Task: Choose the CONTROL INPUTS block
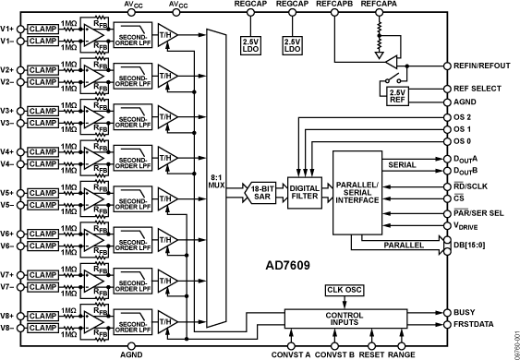(x=343, y=319)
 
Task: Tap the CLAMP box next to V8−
(x=42, y=328)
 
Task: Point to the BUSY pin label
(x=466, y=312)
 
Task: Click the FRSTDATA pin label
(x=475, y=326)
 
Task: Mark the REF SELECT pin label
(x=476, y=90)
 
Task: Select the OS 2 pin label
(x=464, y=118)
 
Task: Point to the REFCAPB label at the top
(x=332, y=6)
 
